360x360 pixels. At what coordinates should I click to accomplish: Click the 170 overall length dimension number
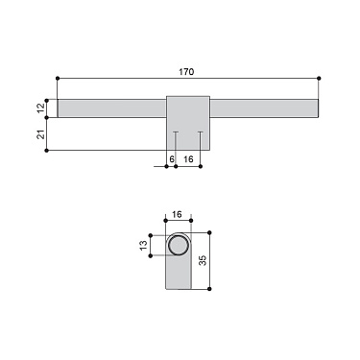(x=187, y=71)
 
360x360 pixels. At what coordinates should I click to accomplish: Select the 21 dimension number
(x=41, y=134)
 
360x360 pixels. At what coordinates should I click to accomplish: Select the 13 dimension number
(x=144, y=247)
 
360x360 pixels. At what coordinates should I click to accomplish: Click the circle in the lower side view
(x=179, y=247)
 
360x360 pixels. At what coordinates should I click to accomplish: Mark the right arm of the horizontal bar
(x=263, y=108)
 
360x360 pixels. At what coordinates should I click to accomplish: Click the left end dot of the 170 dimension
(x=58, y=78)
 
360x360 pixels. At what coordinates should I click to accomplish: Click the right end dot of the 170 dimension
(x=319, y=78)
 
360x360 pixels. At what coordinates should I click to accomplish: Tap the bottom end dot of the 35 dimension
(x=209, y=289)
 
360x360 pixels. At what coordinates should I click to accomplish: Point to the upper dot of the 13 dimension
(x=152, y=235)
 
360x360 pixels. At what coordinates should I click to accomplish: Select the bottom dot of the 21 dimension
(x=47, y=150)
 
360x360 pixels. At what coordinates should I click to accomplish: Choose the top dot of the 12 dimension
(x=47, y=96)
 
